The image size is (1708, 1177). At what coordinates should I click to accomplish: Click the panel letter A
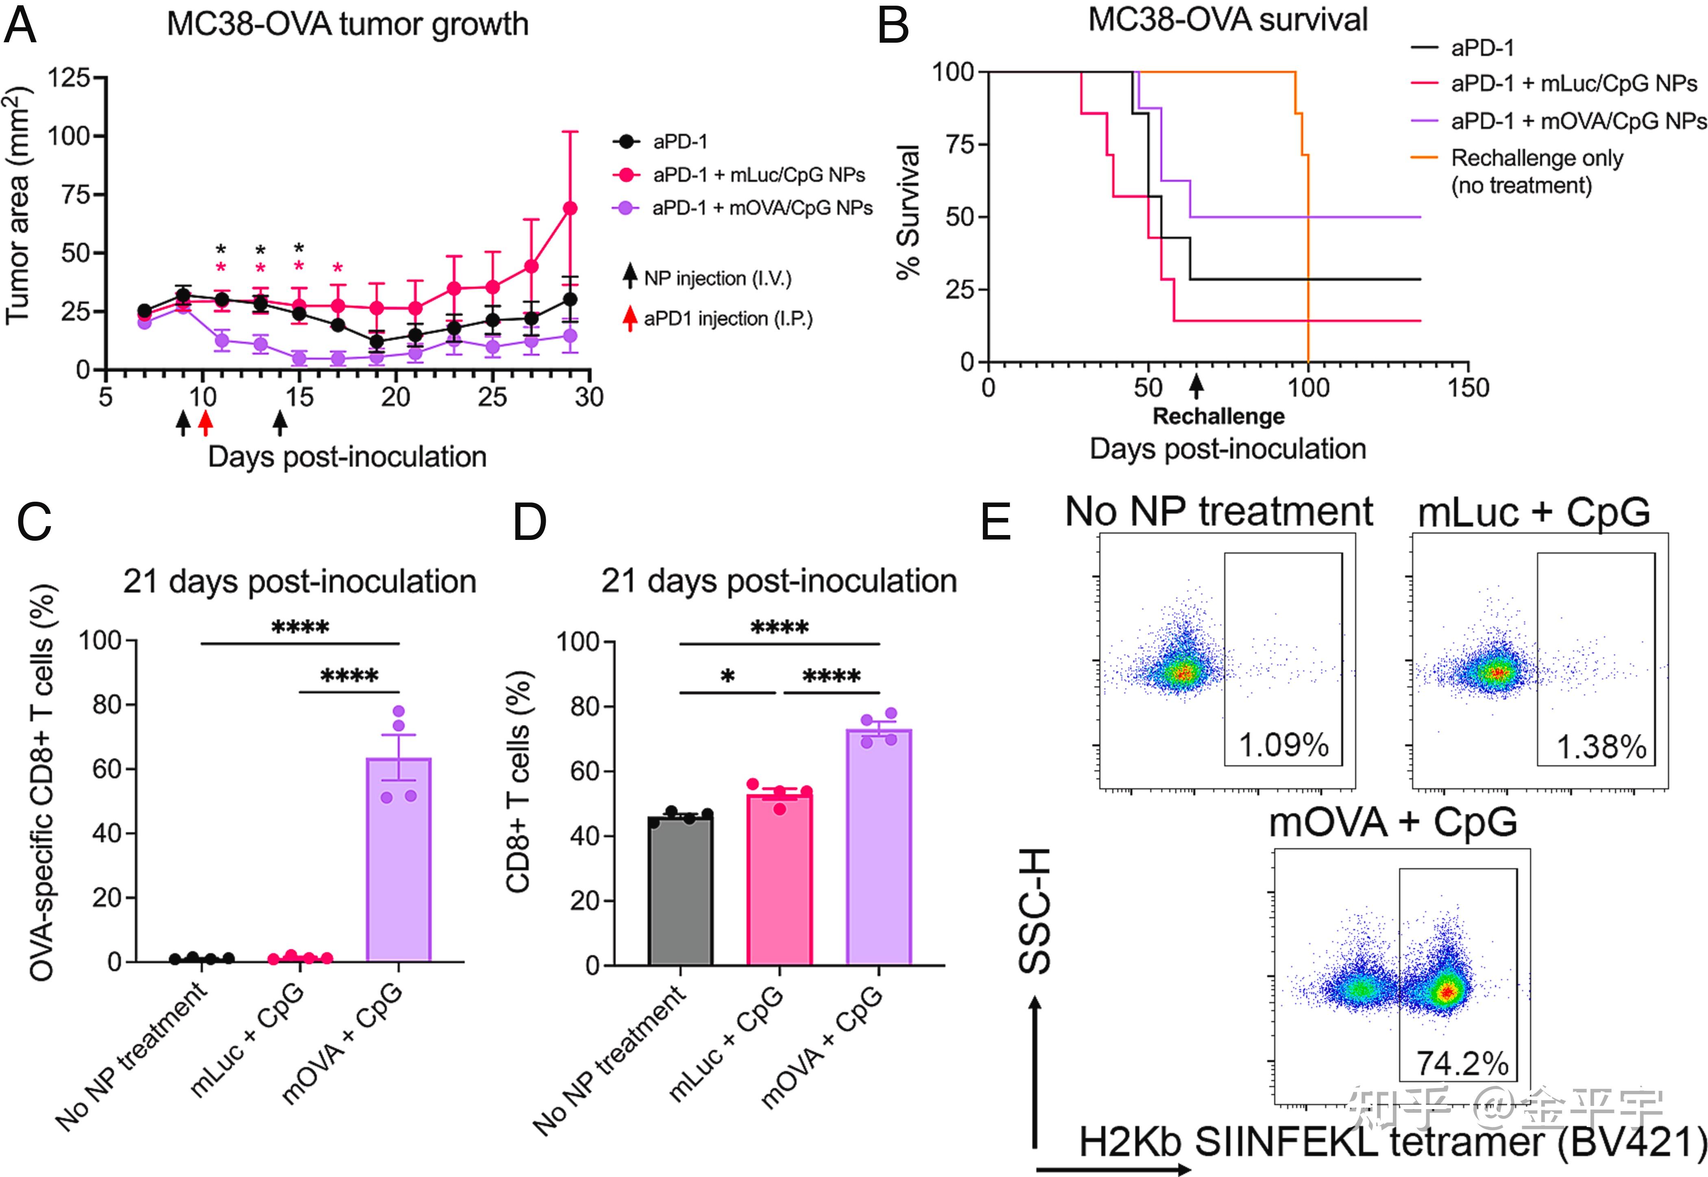[21, 26]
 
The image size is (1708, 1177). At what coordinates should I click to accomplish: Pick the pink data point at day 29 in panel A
[570, 209]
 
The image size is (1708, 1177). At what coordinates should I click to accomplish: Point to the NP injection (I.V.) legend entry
[717, 279]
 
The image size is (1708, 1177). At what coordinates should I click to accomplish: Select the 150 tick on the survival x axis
[1468, 388]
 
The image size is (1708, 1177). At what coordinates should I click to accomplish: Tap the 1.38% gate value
[1600, 747]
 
